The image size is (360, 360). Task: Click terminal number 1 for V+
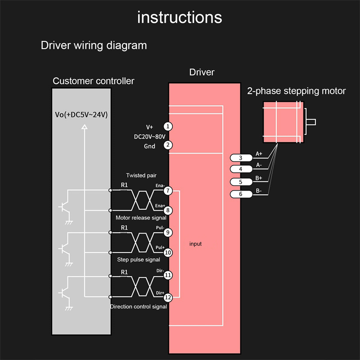point(167,126)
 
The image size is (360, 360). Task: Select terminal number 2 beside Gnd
point(167,145)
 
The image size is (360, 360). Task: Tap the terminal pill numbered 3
point(241,158)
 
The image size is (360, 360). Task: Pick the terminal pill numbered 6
point(241,194)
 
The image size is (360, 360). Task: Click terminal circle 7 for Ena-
point(168,191)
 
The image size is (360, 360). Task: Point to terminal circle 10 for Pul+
point(168,252)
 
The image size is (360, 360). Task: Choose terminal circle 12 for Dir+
point(168,297)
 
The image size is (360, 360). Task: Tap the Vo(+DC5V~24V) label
point(81,115)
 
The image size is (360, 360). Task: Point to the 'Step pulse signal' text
point(139,260)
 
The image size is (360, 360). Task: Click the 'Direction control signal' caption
point(139,306)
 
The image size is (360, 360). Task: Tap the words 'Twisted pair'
point(141,175)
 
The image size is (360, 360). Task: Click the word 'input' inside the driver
point(195,244)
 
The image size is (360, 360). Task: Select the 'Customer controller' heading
point(94,81)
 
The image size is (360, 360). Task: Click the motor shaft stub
point(310,122)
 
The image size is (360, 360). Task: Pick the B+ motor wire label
point(259,178)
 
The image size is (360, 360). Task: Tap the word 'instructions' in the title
point(180,17)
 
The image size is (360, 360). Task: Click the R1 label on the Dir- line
point(125,272)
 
